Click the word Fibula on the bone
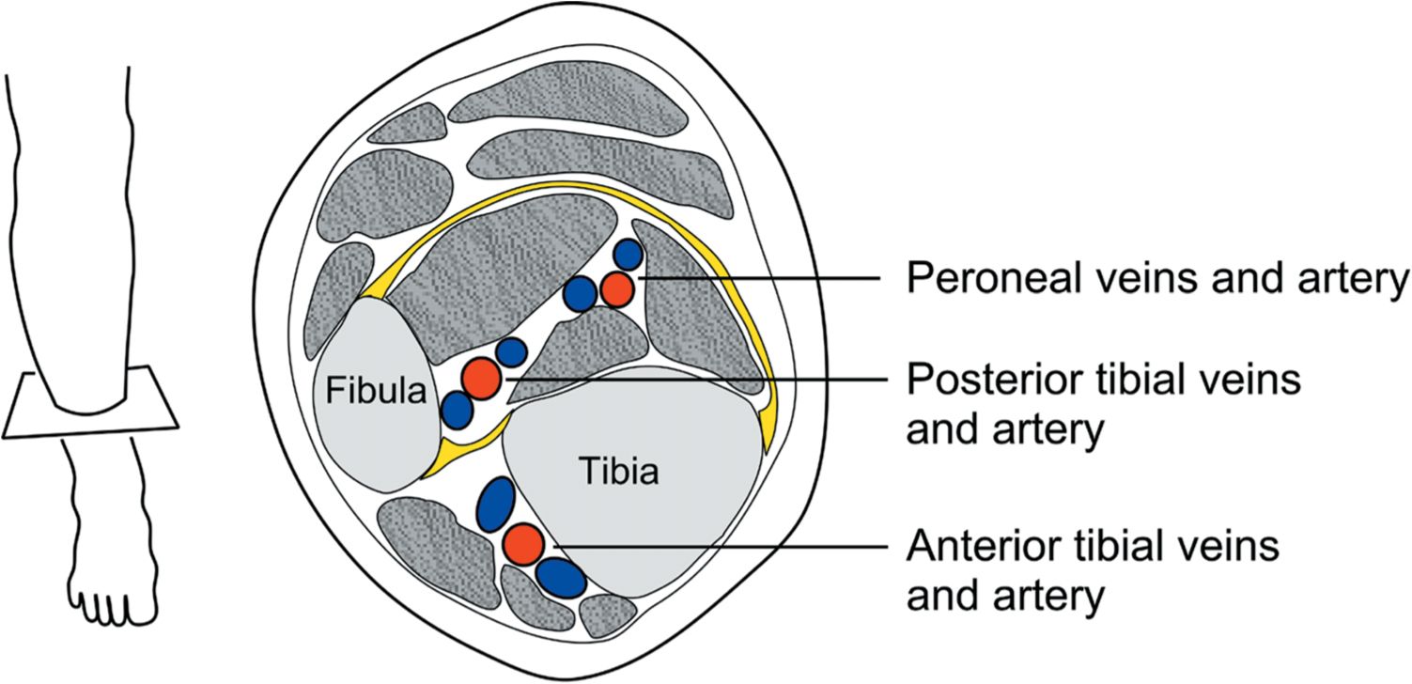point(376,390)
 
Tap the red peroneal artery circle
point(617,288)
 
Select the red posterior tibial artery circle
point(479,379)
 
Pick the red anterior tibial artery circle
point(522,544)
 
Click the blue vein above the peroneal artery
point(628,255)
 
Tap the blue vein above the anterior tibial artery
point(495,504)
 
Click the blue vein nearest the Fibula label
point(458,410)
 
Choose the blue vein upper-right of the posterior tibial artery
point(511,352)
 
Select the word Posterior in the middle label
point(977,381)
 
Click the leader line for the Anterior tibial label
point(714,546)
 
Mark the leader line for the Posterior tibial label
point(695,379)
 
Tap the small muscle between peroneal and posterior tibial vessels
point(582,343)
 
